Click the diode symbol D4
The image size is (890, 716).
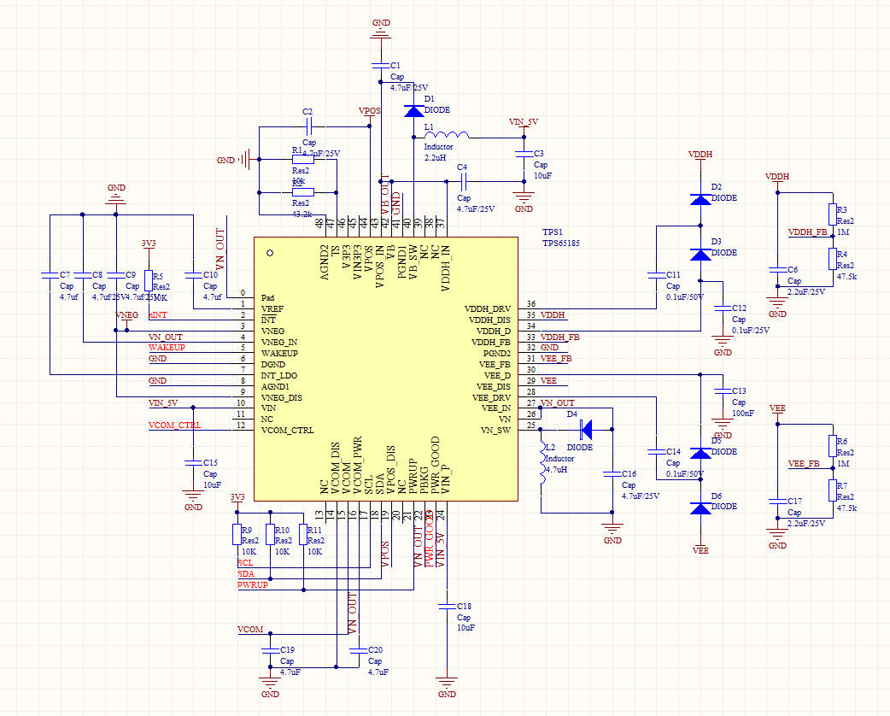(x=587, y=424)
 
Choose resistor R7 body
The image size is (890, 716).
(x=832, y=490)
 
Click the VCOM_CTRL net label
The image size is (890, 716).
(x=174, y=425)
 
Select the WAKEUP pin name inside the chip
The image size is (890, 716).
(x=279, y=353)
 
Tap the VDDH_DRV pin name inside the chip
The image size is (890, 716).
(x=488, y=308)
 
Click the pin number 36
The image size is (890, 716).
(x=531, y=304)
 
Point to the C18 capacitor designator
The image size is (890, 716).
(x=464, y=605)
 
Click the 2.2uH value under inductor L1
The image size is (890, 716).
(x=435, y=158)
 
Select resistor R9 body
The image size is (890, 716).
(x=237, y=534)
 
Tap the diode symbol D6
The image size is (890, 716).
(x=700, y=508)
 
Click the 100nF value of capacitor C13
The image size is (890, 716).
(x=743, y=414)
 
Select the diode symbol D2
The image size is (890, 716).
(x=700, y=199)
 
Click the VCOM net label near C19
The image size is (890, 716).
(x=250, y=630)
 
